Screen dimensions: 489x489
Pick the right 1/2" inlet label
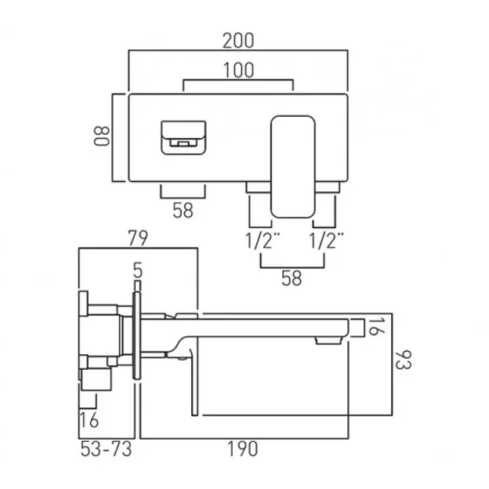coord(328,240)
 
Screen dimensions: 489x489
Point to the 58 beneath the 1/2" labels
coord(291,279)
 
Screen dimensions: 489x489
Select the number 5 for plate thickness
coord(138,271)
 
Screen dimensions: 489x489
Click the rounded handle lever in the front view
coord(292,165)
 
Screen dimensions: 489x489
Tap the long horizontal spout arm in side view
coord(259,323)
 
